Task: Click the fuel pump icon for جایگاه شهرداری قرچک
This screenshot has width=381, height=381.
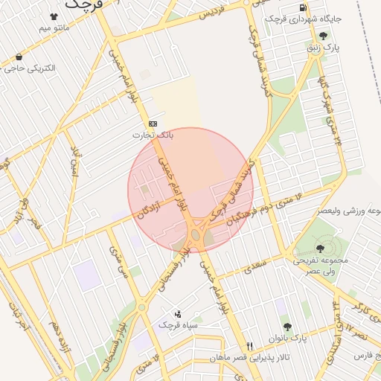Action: (303, 8)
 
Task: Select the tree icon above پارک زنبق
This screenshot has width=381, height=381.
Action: (322, 36)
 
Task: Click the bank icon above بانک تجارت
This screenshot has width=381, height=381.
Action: (153, 124)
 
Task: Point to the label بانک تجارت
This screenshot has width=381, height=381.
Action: (153, 135)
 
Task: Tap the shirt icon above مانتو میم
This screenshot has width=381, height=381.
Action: (54, 16)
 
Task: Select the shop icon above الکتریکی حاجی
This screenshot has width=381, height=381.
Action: (19, 57)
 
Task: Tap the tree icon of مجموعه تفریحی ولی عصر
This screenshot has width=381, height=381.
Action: (320, 249)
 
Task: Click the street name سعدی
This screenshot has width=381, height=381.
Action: (255, 264)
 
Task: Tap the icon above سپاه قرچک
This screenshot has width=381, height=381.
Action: (177, 313)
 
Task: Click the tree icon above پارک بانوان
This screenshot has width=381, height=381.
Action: (287, 327)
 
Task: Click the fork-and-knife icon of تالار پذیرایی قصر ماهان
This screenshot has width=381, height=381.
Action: (250, 346)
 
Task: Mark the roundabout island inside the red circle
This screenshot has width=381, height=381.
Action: (195, 235)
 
